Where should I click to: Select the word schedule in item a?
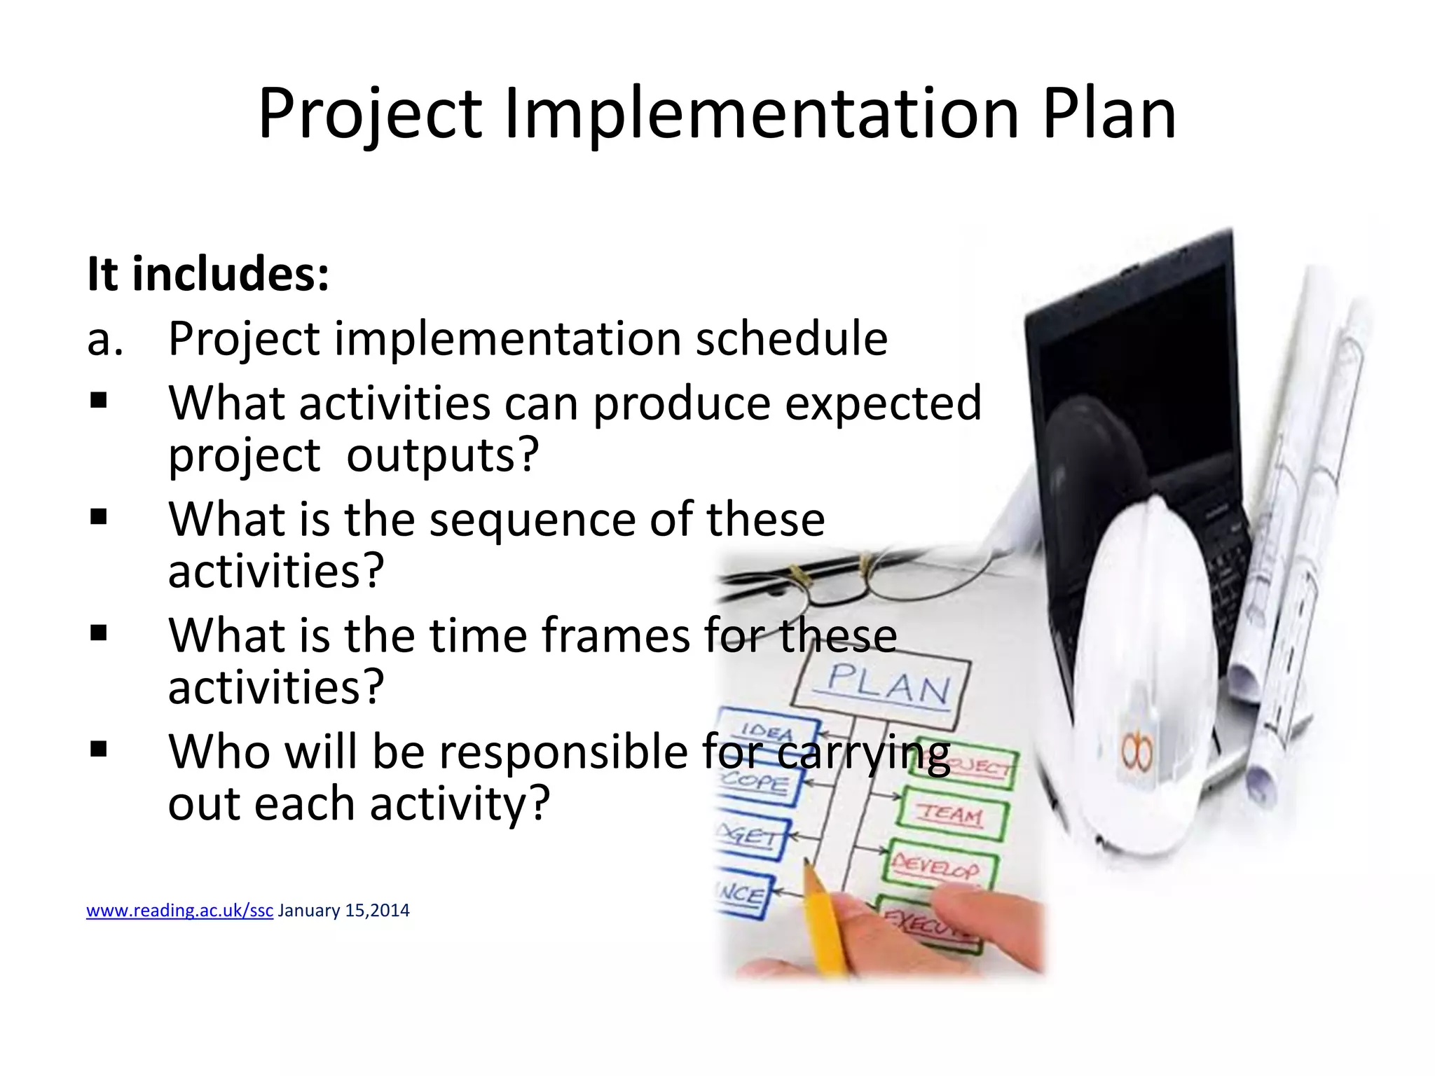point(791,338)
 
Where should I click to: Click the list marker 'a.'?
point(105,339)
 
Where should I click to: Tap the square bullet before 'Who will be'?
point(99,750)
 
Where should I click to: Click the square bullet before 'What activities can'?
point(99,401)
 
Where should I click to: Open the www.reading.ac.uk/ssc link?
point(179,911)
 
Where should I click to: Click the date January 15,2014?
point(343,911)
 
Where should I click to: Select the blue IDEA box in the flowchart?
point(767,731)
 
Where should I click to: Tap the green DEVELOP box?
point(936,869)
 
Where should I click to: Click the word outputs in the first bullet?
point(441,455)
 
